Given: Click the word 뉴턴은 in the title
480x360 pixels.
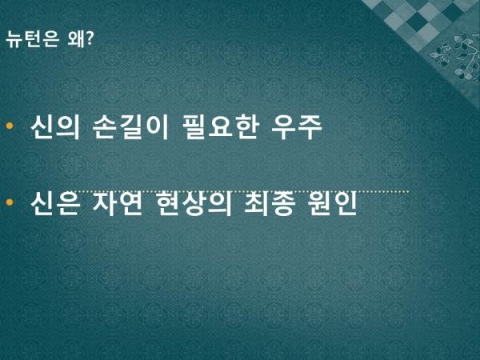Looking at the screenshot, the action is [x=32, y=39].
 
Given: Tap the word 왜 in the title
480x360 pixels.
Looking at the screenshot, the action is [x=76, y=39].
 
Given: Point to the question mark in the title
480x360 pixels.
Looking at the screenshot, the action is [x=89, y=38].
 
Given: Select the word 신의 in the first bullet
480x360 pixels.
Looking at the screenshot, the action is [x=55, y=127].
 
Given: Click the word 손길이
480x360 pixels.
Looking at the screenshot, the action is [x=130, y=127].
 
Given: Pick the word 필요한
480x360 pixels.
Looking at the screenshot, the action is [x=219, y=127].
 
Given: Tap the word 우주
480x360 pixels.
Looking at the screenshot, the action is [x=297, y=127].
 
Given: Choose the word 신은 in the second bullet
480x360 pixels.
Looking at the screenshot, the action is [x=55, y=203].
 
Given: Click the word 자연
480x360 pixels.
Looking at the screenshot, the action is [x=118, y=203].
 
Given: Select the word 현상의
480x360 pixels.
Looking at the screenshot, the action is [x=194, y=203].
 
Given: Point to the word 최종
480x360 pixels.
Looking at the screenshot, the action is [x=270, y=203].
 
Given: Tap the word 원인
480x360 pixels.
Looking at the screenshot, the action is [x=333, y=203].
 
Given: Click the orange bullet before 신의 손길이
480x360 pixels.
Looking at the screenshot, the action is [x=10, y=126].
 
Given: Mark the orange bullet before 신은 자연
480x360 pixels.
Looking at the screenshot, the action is [x=10, y=202].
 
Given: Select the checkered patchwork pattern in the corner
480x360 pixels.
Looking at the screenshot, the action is [x=419, y=18].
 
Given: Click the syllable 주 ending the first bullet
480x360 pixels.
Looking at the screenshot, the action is [x=310, y=127].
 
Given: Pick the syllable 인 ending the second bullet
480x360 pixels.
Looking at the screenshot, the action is [x=346, y=203].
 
